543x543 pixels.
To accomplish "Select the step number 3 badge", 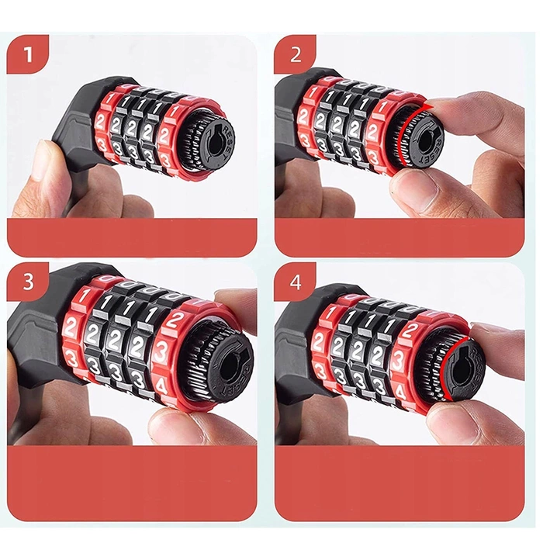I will point(28,282).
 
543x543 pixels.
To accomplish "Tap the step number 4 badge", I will point(295,282).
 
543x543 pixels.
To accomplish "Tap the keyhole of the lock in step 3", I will point(220,361).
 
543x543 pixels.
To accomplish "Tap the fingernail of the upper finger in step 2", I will point(445,107).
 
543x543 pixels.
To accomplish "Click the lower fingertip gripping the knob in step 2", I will point(419,186).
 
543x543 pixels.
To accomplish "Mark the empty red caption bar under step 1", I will point(132,237).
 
